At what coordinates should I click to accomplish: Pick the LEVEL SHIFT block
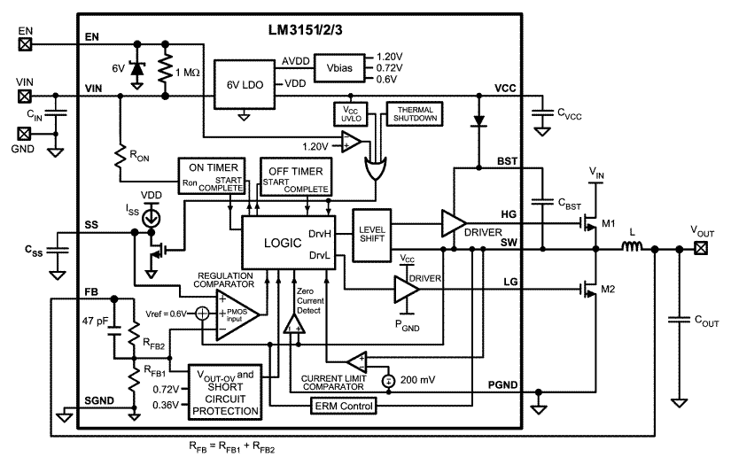372,236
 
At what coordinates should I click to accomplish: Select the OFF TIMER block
296,177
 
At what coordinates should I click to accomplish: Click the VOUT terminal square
701,249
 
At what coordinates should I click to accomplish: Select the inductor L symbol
633,249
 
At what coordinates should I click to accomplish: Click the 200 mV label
418,381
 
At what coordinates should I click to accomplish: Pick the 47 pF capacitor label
95,320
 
